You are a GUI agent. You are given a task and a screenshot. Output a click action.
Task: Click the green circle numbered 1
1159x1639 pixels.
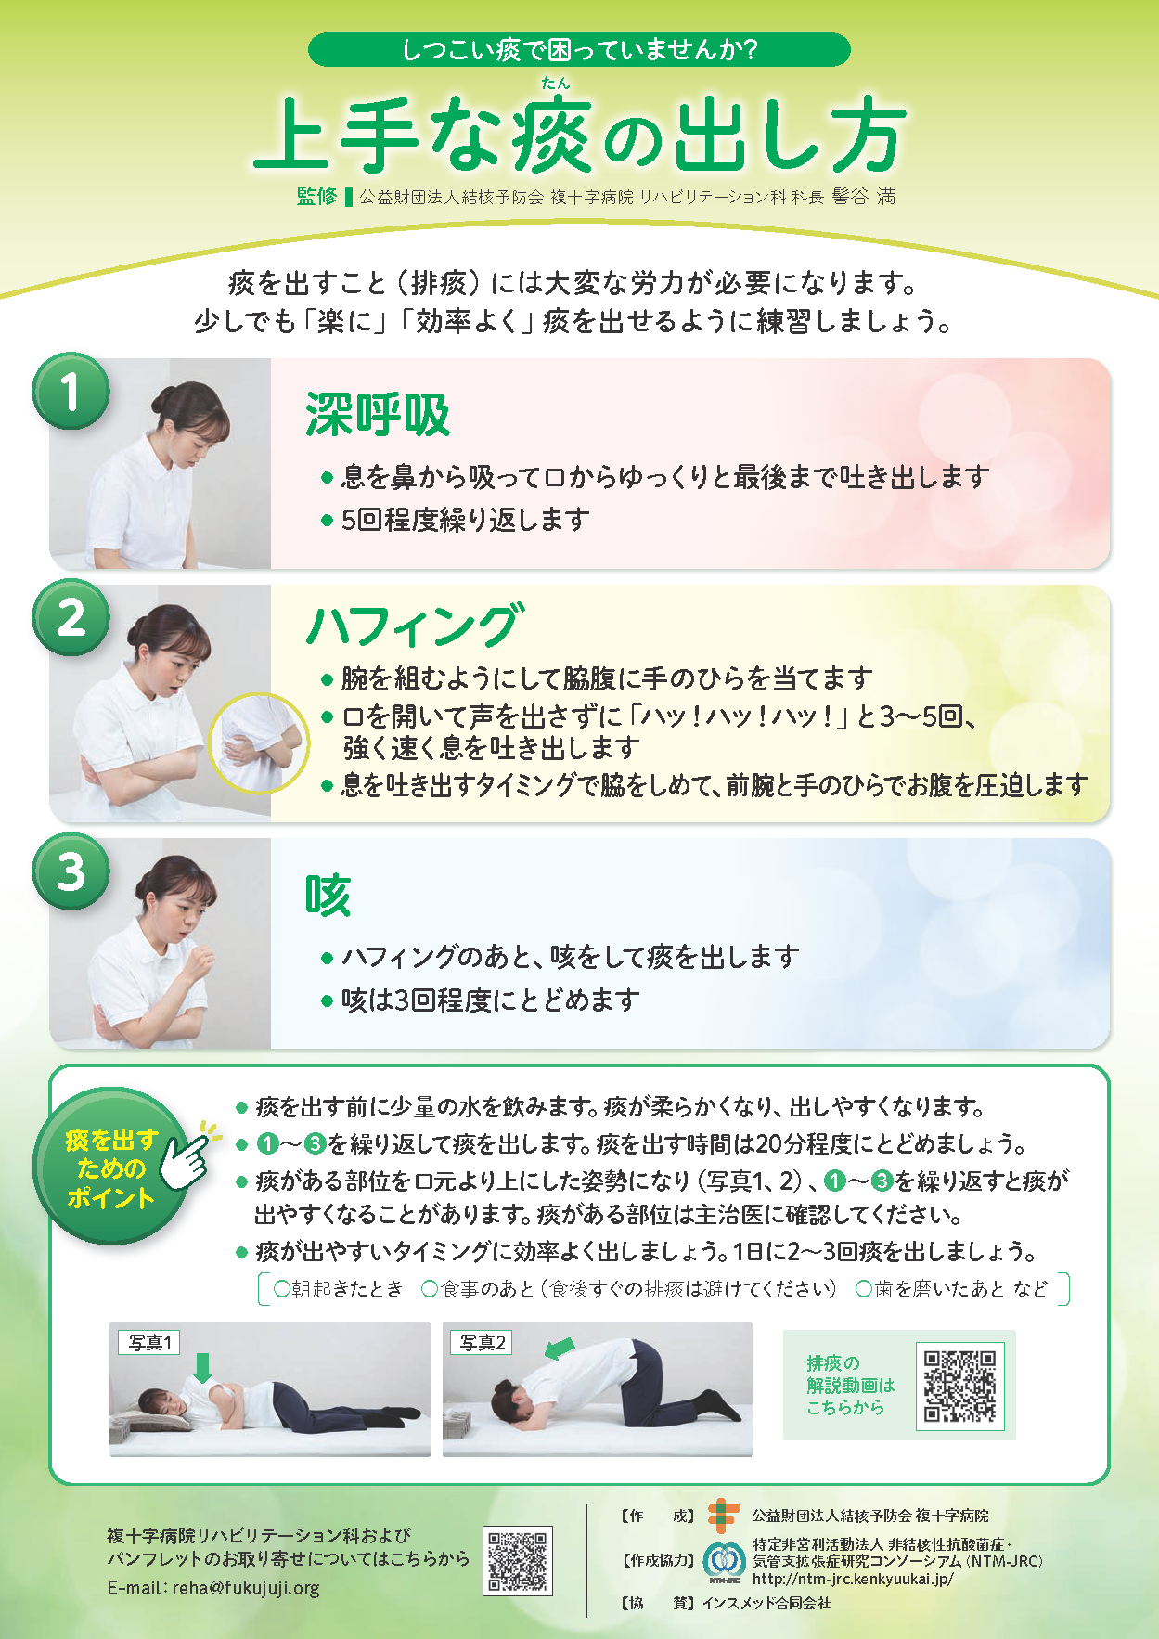(x=71, y=391)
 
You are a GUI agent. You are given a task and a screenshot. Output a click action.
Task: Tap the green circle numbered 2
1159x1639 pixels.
(x=71, y=617)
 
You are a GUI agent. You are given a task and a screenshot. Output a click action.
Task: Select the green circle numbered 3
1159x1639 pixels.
(x=71, y=872)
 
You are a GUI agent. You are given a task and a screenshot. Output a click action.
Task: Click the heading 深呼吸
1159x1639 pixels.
(x=378, y=415)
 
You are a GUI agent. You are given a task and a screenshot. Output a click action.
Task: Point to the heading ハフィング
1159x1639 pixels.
(x=415, y=625)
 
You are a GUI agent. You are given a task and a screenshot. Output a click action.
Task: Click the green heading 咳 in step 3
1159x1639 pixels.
(x=328, y=895)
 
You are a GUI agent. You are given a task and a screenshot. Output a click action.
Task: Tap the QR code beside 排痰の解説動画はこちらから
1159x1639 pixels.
(x=960, y=1386)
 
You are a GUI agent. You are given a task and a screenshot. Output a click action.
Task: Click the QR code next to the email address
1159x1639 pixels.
(x=518, y=1560)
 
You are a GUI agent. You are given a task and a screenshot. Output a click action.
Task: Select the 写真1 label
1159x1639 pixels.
(x=149, y=1342)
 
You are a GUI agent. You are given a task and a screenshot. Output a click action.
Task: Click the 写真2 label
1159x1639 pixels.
(x=482, y=1342)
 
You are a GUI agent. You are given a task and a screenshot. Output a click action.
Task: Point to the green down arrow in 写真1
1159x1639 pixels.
(x=202, y=1367)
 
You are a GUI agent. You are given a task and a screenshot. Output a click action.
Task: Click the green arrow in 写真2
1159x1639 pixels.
(x=560, y=1348)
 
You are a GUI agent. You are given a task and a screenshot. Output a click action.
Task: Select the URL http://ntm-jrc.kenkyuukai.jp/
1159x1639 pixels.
(x=853, y=1579)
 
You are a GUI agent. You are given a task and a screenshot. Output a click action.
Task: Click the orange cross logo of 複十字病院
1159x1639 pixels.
(x=723, y=1516)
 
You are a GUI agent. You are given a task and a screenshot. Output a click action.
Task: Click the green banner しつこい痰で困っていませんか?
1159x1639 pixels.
(x=579, y=49)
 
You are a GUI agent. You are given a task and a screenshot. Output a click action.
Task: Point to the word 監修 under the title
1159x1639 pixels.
(x=317, y=196)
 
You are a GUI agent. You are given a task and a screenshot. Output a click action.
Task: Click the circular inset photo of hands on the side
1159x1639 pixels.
(x=259, y=742)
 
